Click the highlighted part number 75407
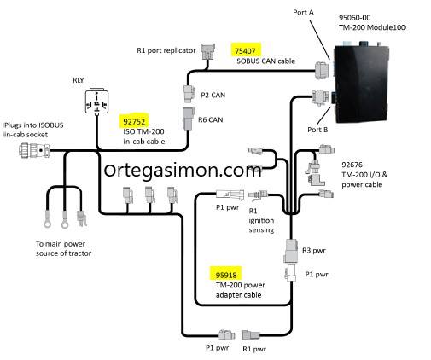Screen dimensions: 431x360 tap(245, 51)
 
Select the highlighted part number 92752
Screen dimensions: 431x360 tap(134, 122)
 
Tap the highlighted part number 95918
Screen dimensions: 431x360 tap(226, 275)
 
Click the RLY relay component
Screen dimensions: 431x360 tap(96, 102)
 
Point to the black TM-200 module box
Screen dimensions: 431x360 tap(361, 84)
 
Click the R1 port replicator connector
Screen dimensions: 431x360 tap(207, 51)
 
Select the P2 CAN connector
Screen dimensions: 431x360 tap(189, 93)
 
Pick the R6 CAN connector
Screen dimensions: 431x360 tap(188, 119)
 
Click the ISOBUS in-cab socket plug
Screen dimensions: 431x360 tap(35, 150)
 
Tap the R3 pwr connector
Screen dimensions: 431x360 tap(291, 251)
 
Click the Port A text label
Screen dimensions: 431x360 tap(303, 13)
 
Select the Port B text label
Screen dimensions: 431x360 tap(317, 130)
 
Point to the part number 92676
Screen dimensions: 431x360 tap(352, 165)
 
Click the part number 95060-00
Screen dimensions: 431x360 tap(354, 18)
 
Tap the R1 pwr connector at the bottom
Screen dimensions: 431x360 tap(251, 334)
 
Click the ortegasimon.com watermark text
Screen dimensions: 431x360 tap(183, 170)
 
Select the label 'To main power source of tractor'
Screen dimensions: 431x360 tap(63, 248)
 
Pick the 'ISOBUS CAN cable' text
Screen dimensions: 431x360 tap(265, 61)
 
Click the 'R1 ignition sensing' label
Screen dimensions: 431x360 tap(261, 220)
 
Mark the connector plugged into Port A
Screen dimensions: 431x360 tap(322, 70)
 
